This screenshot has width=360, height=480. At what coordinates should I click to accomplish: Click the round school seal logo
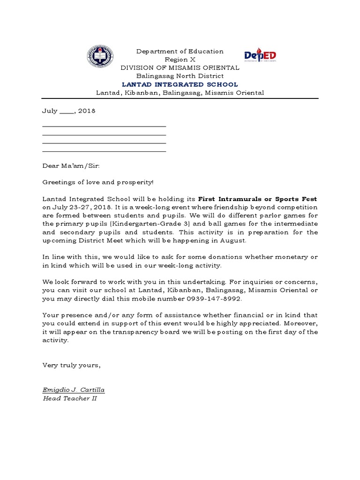tap(100, 58)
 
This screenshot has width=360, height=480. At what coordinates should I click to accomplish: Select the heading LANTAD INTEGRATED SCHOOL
tap(180, 84)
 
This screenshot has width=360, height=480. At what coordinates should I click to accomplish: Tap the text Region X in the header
tap(180, 60)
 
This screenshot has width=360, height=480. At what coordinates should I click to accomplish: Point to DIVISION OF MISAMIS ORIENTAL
tap(180, 67)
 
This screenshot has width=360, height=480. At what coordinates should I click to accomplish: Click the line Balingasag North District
tap(180, 76)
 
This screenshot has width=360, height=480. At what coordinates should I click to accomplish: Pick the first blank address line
tap(104, 126)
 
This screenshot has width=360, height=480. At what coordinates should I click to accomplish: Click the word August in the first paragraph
tap(232, 240)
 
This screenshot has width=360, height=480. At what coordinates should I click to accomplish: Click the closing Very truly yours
tap(71, 365)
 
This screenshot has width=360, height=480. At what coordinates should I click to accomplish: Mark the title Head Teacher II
tap(69, 398)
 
